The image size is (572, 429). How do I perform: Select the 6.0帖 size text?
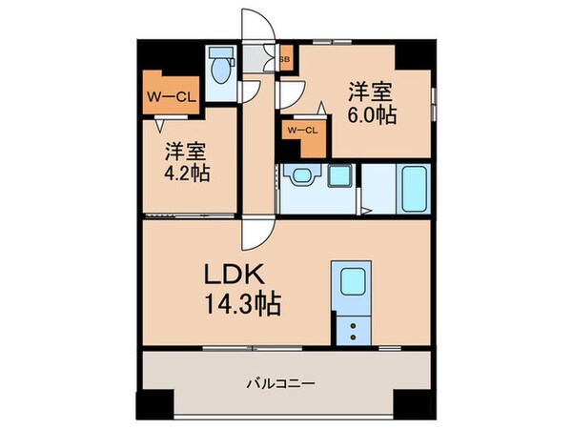[372, 114]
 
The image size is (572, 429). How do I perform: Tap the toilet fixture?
[221, 70]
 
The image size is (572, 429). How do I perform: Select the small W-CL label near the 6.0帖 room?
[300, 131]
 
